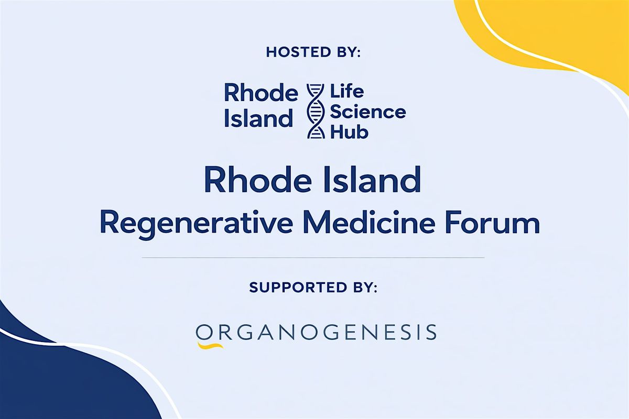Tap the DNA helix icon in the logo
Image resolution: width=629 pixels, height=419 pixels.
[316, 111]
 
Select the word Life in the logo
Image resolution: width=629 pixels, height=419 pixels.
[347, 92]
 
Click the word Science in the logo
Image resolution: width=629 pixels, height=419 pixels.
[368, 112]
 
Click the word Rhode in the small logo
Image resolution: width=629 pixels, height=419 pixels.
[261, 93]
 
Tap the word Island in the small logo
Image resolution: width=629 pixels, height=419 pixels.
[258, 118]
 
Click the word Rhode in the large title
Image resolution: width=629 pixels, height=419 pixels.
[258, 180]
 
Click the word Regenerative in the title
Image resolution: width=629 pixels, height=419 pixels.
[196, 225]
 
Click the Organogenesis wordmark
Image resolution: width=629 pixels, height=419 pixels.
[316, 332]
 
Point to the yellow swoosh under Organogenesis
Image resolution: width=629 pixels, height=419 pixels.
[210, 345]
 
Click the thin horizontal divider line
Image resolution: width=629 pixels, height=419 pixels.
[313, 257]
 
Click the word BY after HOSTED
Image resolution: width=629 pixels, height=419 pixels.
[348, 52]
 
